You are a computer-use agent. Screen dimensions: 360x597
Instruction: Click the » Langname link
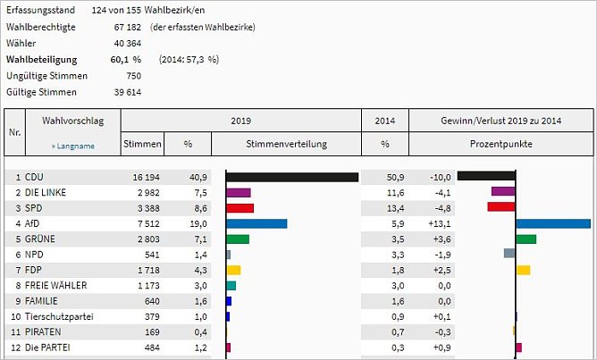tap(72, 145)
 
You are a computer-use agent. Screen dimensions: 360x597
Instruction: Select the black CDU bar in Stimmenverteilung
tap(292, 177)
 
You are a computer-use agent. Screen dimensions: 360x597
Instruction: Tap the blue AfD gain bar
tap(553, 223)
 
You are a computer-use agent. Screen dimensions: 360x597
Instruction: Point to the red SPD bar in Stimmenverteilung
tap(240, 208)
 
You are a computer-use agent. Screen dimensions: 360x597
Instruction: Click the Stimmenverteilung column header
tap(286, 144)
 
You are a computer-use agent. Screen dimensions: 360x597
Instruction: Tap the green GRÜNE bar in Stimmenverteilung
tap(238, 239)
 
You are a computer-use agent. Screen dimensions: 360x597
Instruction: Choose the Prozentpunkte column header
tap(500, 144)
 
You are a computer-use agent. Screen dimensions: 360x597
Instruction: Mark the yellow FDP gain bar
tap(523, 270)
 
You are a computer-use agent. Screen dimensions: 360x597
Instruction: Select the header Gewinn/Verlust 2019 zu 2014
tap(500, 120)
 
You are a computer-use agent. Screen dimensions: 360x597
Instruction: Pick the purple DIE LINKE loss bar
tap(503, 192)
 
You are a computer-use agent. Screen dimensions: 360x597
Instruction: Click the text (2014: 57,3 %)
tap(189, 59)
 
